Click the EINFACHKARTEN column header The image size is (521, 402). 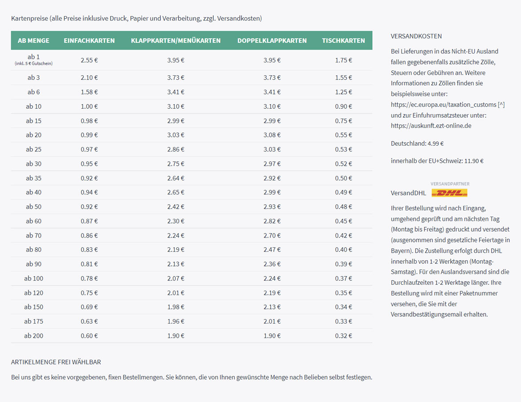(x=89, y=41)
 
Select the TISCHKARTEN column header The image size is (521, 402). (x=343, y=41)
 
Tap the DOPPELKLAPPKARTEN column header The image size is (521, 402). (x=272, y=41)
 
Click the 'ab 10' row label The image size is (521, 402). (x=33, y=107)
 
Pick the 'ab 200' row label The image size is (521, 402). (x=33, y=336)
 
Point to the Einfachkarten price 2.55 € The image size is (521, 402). (x=89, y=60)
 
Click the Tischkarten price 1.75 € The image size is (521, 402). (x=343, y=60)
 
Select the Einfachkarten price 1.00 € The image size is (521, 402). (x=89, y=107)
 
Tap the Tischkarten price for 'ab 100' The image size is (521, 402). (x=343, y=279)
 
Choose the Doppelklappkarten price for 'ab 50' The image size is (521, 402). (x=272, y=207)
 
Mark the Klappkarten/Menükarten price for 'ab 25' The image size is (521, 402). (x=175, y=149)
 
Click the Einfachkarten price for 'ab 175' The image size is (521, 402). (x=89, y=321)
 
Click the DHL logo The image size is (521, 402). (x=449, y=193)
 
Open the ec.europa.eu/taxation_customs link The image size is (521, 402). (x=444, y=105)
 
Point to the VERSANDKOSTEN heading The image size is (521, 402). (x=416, y=36)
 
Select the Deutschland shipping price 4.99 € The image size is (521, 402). (x=436, y=144)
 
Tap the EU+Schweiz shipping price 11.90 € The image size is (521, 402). (x=474, y=161)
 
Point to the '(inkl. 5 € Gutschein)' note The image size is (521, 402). (x=33, y=64)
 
